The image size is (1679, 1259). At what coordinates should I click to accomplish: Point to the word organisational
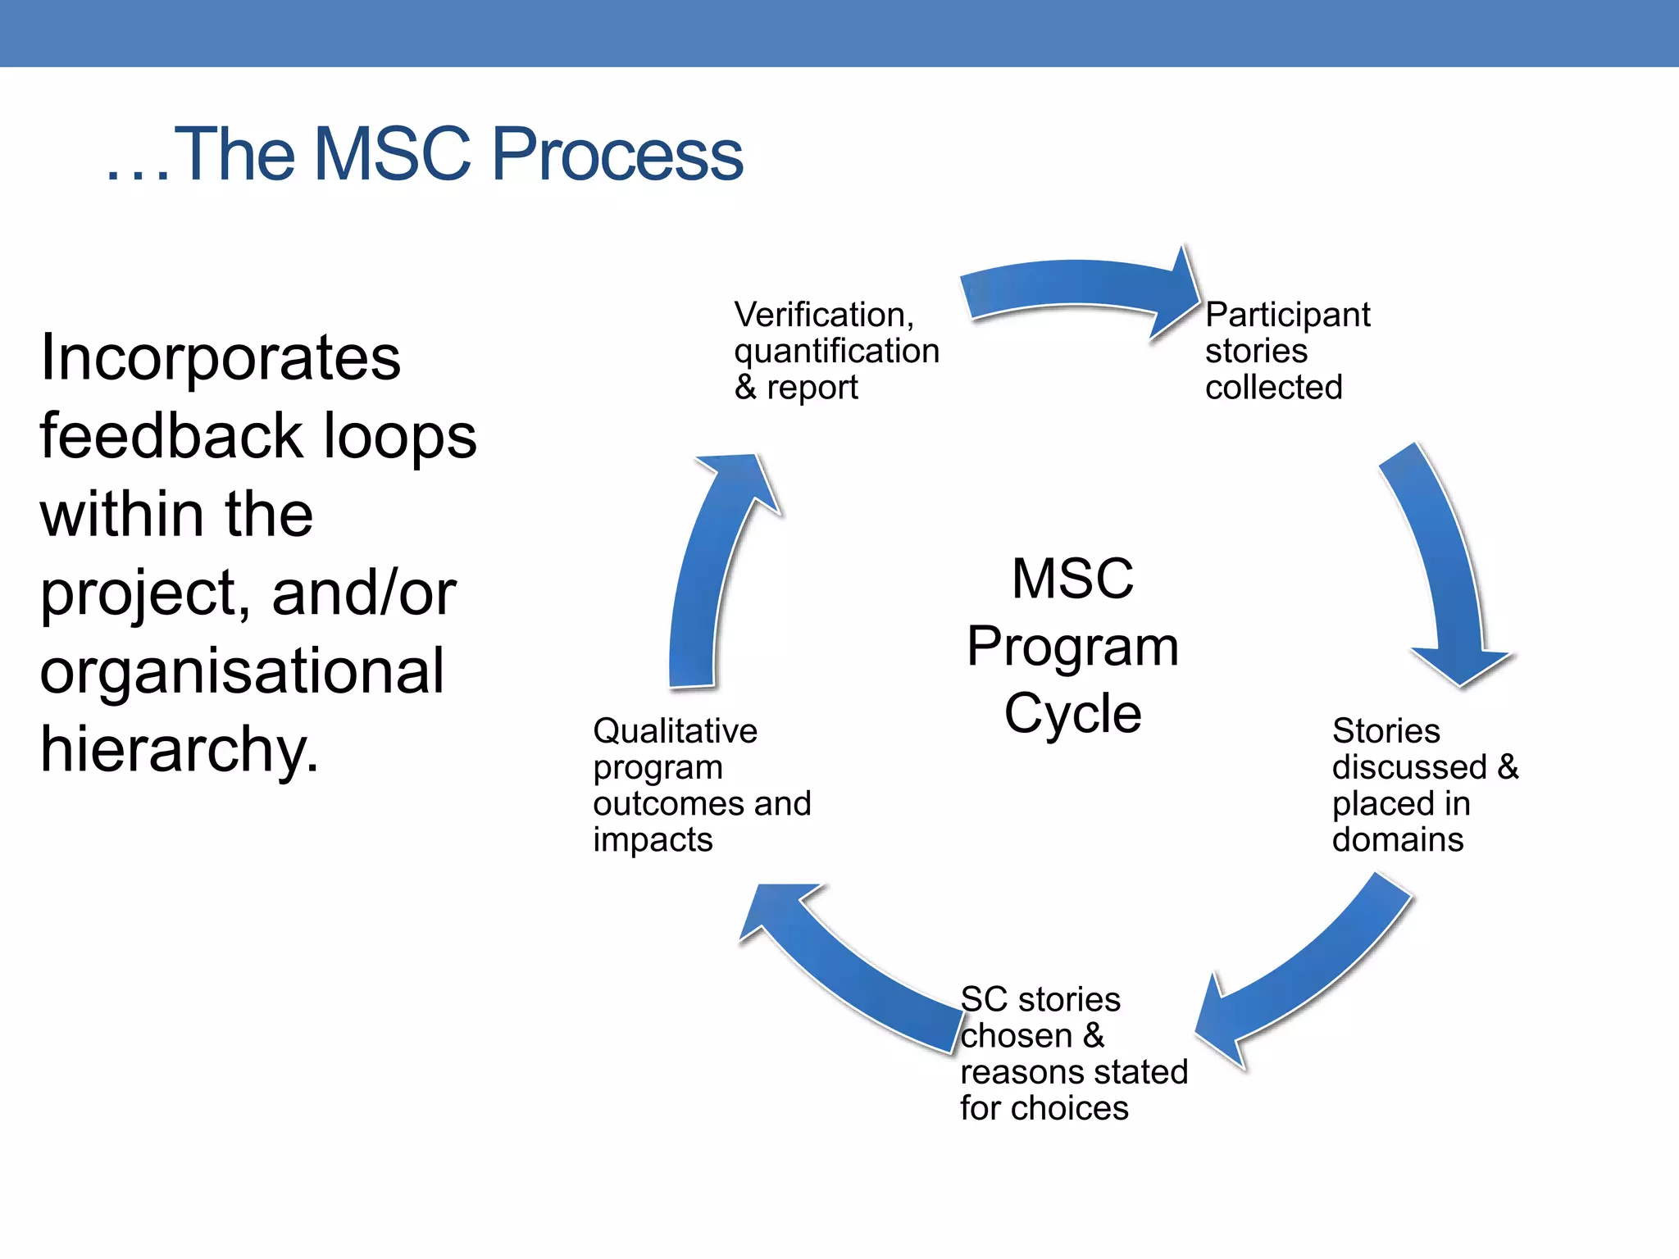[x=242, y=670]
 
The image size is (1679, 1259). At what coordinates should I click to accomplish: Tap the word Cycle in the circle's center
[x=1072, y=713]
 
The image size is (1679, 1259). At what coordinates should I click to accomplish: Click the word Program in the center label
[x=1072, y=646]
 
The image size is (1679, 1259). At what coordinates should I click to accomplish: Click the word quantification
[x=836, y=351]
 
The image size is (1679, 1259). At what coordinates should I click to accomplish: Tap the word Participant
[x=1287, y=315]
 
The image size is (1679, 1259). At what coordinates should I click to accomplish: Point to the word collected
[x=1273, y=387]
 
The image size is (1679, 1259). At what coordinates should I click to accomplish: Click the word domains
[x=1397, y=839]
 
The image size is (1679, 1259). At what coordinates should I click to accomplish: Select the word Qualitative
[x=675, y=731]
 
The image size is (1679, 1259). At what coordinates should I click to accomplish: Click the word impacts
[x=653, y=839]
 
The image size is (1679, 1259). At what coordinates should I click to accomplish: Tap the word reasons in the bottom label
[x=1013, y=1072]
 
